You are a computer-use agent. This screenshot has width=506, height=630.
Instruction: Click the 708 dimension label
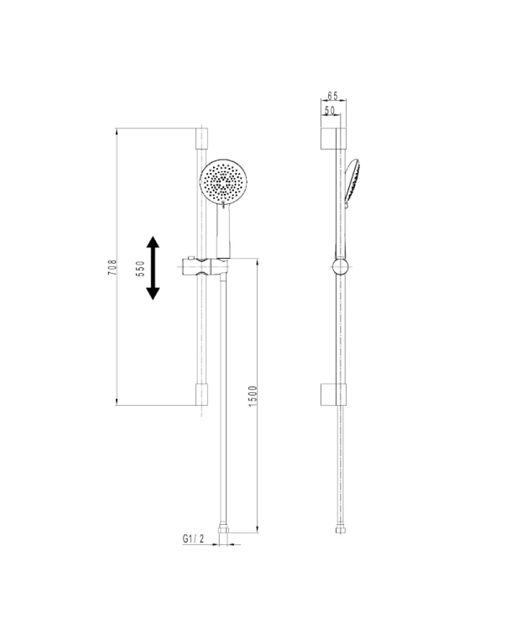pyautogui.click(x=112, y=267)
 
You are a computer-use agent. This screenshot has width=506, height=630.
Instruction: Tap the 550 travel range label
pyautogui.click(x=140, y=269)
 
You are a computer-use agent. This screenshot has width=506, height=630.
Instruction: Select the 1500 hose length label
pyautogui.click(x=253, y=396)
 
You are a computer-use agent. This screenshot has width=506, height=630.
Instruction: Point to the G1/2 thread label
pyautogui.click(x=193, y=538)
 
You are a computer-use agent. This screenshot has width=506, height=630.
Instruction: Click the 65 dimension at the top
pyautogui.click(x=332, y=96)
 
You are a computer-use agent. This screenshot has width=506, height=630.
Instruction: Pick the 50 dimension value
pyautogui.click(x=330, y=110)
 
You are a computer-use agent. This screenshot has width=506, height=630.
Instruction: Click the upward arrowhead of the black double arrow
pyautogui.click(x=153, y=242)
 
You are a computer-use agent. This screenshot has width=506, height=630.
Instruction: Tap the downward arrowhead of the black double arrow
pyautogui.click(x=153, y=294)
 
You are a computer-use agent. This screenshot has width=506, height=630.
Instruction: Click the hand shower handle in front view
pyautogui.click(x=223, y=230)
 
